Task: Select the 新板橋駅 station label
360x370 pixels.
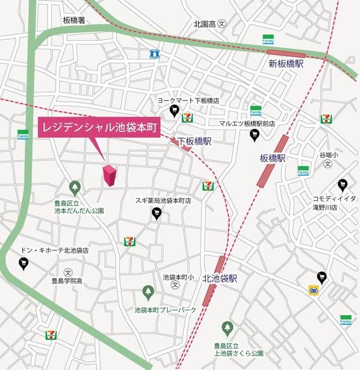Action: (286, 64)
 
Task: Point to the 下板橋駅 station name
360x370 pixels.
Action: (194, 140)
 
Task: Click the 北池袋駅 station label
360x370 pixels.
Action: (221, 278)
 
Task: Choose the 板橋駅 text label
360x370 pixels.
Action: (274, 158)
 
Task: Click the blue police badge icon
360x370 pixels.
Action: (155, 54)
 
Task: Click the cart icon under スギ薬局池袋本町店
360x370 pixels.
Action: (156, 214)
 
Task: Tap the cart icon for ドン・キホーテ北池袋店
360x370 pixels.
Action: (24, 264)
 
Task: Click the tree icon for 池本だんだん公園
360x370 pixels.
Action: (75, 187)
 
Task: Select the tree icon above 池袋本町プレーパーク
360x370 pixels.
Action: (148, 291)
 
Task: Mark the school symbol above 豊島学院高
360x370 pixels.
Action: (68, 272)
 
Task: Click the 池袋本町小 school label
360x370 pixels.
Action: (178, 277)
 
